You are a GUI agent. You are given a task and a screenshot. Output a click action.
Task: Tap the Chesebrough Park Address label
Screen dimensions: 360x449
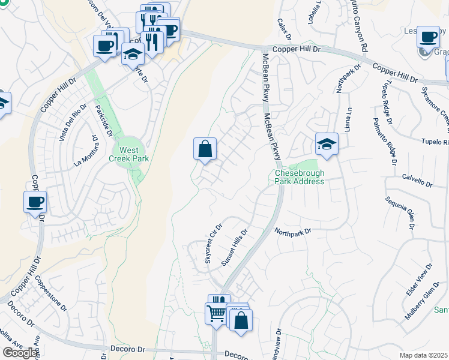300,177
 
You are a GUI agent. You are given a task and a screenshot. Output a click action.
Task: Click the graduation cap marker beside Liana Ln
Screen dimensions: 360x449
327,144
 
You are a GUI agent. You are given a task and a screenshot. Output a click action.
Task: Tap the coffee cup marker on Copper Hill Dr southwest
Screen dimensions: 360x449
35,201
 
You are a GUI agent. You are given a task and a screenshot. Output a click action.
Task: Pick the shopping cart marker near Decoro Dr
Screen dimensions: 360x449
216,313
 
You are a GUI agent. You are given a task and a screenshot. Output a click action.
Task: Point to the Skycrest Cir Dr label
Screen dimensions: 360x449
213,244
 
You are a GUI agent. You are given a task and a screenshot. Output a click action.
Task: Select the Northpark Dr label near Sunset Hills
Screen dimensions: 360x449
294,231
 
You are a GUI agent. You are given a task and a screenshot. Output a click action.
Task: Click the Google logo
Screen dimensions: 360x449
20,353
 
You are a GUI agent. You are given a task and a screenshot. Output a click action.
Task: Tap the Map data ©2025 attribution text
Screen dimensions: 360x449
424,355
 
